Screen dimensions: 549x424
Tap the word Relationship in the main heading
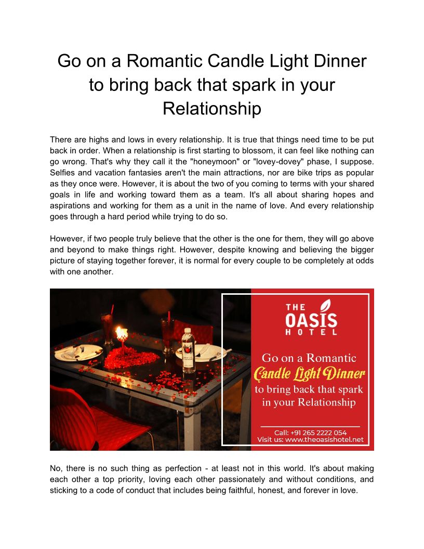[x=211, y=109]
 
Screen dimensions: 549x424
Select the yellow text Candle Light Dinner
[x=310, y=373]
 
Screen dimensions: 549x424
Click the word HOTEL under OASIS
[x=312, y=332]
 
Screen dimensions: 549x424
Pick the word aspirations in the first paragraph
[x=71, y=205]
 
